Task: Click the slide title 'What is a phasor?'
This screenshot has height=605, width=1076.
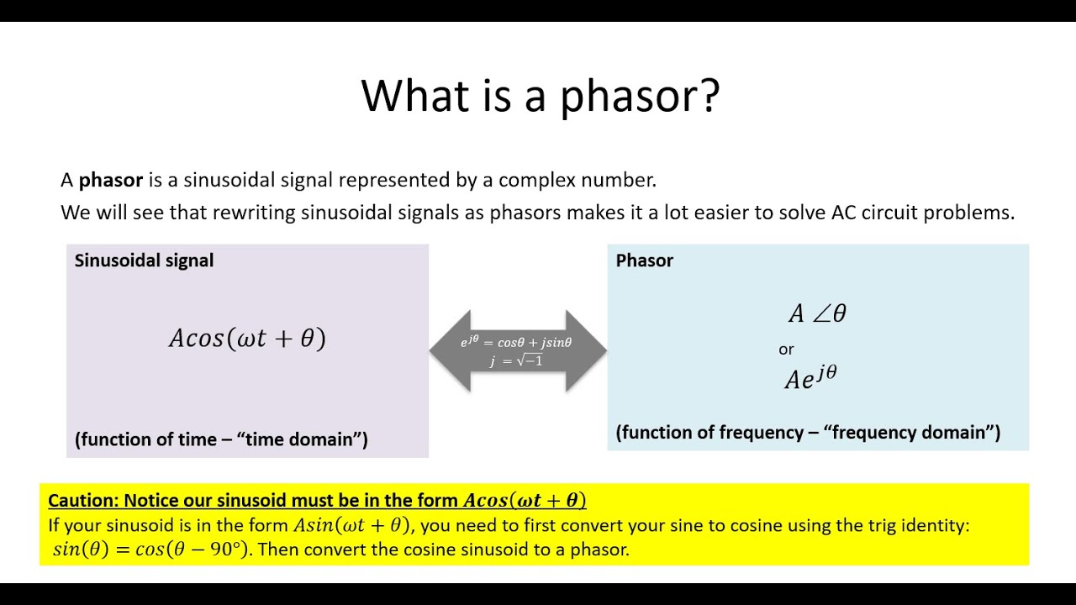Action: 540,95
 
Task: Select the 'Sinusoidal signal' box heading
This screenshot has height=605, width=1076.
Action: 144,260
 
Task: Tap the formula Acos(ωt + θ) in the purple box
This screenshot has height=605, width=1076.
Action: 247,338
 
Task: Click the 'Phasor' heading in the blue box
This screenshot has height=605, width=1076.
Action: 644,260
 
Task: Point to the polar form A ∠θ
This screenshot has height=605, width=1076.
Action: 817,313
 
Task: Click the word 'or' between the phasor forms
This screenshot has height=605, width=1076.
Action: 786,349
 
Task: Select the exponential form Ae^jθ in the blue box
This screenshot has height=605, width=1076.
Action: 810,377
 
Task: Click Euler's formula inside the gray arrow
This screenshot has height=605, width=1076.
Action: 516,342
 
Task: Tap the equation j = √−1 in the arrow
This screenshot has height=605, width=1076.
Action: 516,361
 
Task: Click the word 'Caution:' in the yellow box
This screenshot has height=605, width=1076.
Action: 82,501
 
